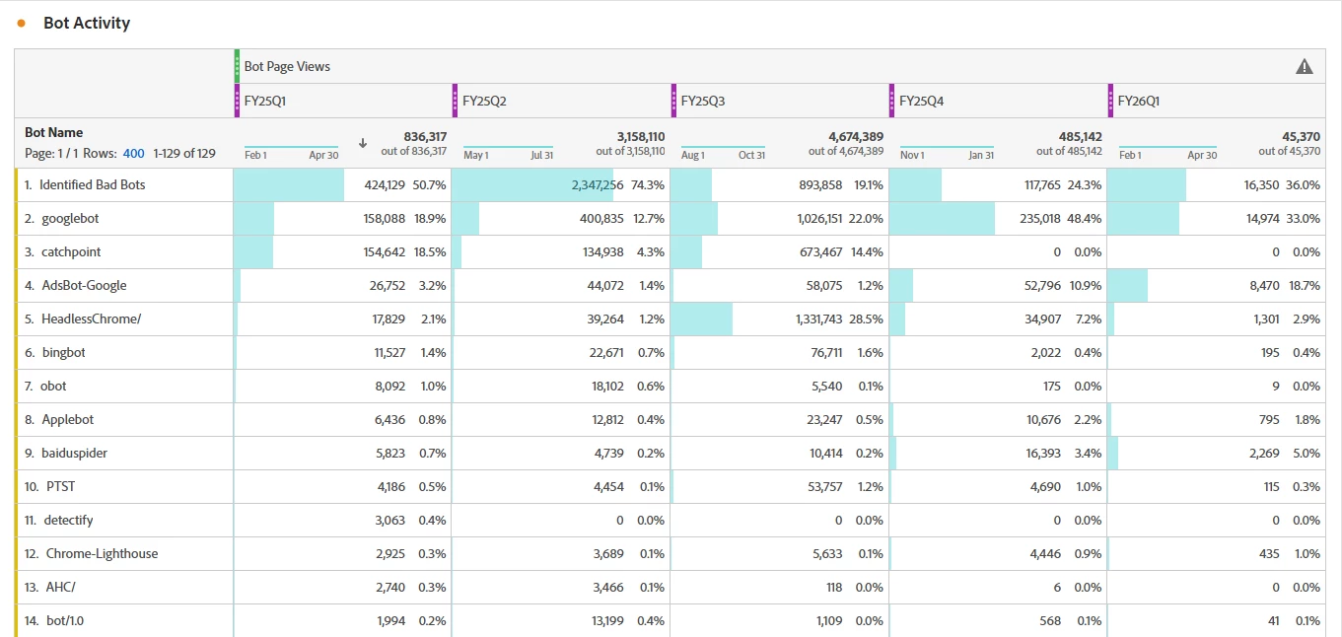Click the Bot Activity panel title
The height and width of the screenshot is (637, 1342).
(x=87, y=23)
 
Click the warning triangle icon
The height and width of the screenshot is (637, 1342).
(x=1304, y=67)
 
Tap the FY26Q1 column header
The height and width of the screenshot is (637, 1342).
(x=1138, y=101)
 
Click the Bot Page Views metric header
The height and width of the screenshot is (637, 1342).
(x=287, y=67)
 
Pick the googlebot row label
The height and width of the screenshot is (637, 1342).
(x=69, y=218)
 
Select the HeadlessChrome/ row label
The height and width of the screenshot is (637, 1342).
(x=91, y=318)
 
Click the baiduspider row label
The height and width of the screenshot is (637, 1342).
(x=74, y=453)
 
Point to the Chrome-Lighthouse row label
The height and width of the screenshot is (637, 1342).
(x=102, y=553)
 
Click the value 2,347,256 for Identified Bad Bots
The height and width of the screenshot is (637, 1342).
(x=598, y=184)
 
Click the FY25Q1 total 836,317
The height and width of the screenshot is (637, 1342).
(x=425, y=137)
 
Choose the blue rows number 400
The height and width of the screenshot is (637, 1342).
(x=134, y=153)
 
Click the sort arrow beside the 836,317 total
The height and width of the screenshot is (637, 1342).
(x=362, y=143)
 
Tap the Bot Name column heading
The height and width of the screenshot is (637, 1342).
(x=54, y=132)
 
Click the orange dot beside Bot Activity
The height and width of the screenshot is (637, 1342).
(x=22, y=23)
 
